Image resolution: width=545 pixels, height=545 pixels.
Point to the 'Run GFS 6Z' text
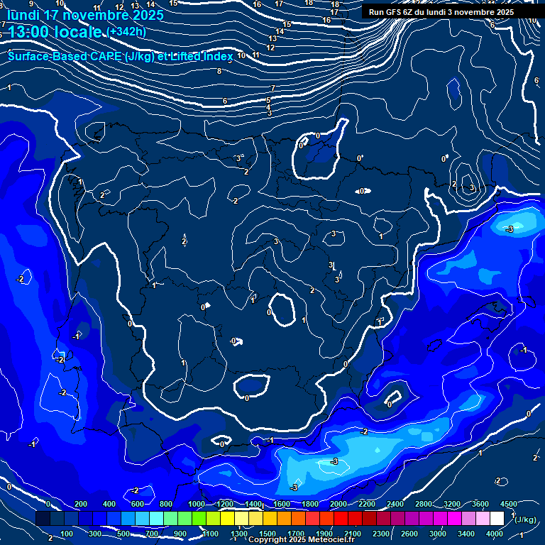coord(391,12)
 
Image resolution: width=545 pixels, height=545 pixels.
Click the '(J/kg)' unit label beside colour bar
coord(525,519)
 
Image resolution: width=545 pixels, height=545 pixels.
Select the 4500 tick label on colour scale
coord(509,504)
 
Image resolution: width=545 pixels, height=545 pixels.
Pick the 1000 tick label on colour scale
coord(197,504)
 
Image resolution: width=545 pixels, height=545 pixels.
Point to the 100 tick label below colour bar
coord(67,534)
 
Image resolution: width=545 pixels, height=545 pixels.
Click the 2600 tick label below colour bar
coord(409,534)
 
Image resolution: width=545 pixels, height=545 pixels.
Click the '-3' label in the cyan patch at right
coord(509,229)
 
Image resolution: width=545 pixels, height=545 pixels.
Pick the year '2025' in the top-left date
coord(143,15)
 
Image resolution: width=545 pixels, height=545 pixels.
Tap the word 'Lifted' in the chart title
coord(187,56)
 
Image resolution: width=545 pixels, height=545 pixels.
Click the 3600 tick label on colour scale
coord(480,504)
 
